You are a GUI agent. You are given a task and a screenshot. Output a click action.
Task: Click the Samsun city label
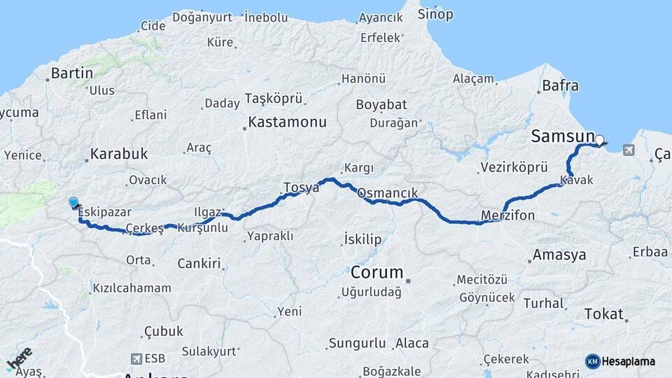(563, 136)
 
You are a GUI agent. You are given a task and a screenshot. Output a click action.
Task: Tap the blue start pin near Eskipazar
(73, 203)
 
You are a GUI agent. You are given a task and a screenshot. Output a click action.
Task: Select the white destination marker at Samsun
(599, 140)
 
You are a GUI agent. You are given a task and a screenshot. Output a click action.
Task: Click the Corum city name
(377, 272)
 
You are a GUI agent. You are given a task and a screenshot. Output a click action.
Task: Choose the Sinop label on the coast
(435, 15)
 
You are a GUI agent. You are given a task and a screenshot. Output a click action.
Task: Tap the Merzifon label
(508, 215)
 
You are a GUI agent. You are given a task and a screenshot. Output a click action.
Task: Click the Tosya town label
(301, 188)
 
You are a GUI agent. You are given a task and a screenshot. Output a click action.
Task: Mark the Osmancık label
(387, 193)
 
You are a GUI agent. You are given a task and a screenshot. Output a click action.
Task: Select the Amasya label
(559, 255)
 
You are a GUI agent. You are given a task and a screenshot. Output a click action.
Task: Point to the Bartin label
(72, 73)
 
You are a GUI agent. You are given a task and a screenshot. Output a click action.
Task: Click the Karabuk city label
(119, 154)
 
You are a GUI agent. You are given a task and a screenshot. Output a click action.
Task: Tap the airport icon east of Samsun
(627, 150)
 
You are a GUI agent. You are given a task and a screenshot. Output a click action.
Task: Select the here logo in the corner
(19, 359)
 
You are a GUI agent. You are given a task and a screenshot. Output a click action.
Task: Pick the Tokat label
(603, 314)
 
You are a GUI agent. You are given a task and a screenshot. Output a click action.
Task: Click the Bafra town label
(561, 86)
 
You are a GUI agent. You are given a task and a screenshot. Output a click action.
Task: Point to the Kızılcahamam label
(132, 288)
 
